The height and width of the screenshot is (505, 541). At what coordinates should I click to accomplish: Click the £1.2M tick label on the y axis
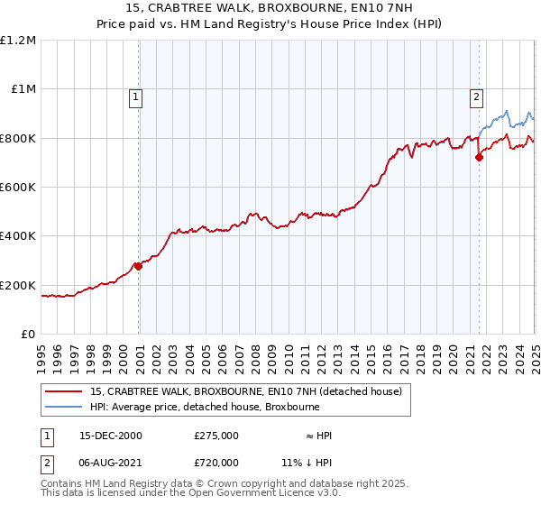(18, 41)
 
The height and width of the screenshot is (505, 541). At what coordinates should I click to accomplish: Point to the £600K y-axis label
(18, 188)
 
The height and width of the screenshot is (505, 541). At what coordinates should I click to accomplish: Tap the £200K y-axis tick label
(18, 285)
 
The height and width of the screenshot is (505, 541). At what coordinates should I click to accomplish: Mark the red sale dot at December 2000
(139, 266)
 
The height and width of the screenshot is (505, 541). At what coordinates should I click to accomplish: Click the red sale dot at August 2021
(479, 158)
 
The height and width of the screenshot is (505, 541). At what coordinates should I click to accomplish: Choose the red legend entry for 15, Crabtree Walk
(251, 391)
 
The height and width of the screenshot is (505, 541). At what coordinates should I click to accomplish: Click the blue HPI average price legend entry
(204, 407)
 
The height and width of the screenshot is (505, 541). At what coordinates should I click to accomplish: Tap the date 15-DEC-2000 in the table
(111, 436)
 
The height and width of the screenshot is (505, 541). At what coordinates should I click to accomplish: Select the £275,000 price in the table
(216, 436)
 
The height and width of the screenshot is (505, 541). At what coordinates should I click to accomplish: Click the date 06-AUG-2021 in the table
(111, 462)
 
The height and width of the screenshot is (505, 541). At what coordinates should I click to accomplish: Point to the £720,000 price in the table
(216, 462)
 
